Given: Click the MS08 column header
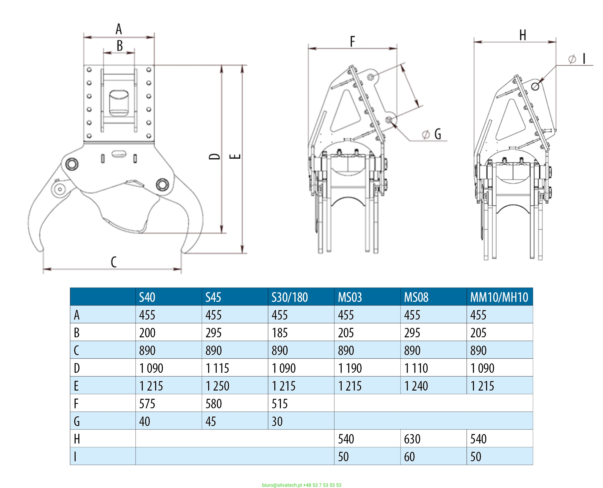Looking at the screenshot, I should pyautogui.click(x=416, y=297).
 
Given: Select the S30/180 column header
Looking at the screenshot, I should pyautogui.click(x=289, y=297).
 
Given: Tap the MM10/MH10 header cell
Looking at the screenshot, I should pyautogui.click(x=499, y=297).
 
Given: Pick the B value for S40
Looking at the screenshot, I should pyautogui.click(x=147, y=333).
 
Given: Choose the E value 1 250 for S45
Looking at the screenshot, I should pyautogui.click(x=217, y=386).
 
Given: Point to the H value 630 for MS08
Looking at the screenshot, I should pyautogui.click(x=412, y=439).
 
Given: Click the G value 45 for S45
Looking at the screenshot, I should pyautogui.click(x=210, y=421).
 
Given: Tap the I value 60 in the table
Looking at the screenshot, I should pyautogui.click(x=409, y=457).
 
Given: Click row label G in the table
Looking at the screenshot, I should pyautogui.click(x=77, y=421).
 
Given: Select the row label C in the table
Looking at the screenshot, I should pyautogui.click(x=76, y=350).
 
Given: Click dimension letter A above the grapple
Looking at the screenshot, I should pyautogui.click(x=119, y=29).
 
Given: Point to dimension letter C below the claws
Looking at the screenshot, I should pyautogui.click(x=114, y=262).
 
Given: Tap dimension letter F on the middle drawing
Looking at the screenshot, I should pyautogui.click(x=352, y=41).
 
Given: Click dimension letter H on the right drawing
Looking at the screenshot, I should pyautogui.click(x=523, y=35).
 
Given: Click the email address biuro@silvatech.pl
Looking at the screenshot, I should pyautogui.click(x=282, y=485).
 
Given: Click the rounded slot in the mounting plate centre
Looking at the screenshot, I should pyautogui.click(x=119, y=103).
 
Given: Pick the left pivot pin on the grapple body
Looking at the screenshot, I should pyautogui.click(x=72, y=164).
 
